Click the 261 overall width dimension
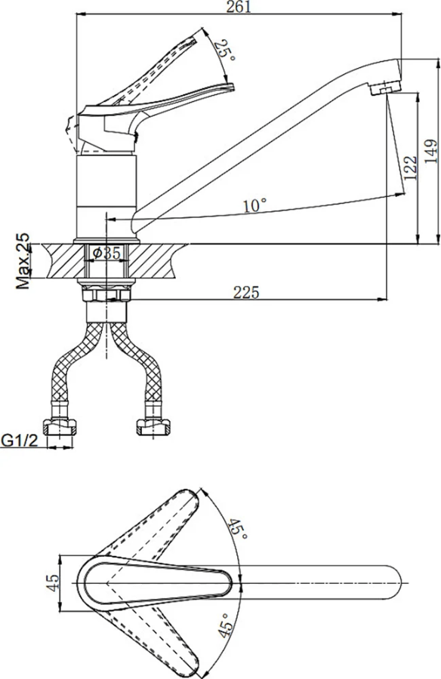[239, 7]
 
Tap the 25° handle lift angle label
[226, 51]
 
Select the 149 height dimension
[431, 151]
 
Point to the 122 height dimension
[410, 167]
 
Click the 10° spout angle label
[255, 204]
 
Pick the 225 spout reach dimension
[246, 293]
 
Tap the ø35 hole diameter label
[106, 253]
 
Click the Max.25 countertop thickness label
[23, 261]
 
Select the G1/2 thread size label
[20, 441]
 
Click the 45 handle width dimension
[53, 583]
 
